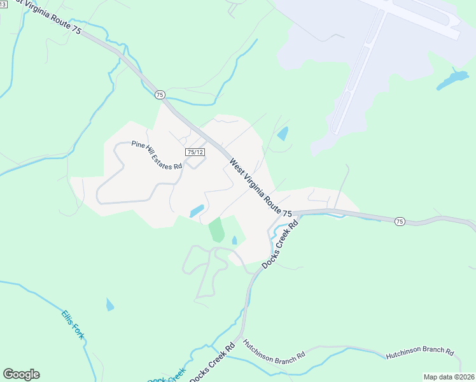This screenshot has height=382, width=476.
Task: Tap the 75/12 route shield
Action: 195,152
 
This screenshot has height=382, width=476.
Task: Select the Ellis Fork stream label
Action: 73,325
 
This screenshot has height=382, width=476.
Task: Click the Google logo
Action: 21,374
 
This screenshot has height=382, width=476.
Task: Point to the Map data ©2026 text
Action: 449,377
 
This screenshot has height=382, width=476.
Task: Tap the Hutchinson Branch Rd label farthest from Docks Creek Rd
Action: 419,351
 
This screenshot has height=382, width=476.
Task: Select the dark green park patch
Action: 217,230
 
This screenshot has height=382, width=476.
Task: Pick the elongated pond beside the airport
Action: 452,80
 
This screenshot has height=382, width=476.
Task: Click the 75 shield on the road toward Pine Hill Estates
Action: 159,95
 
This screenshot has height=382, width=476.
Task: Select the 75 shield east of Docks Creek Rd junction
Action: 399,221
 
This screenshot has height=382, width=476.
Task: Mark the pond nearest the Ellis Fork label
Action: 110,305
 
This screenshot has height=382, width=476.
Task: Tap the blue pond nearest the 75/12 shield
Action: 197,210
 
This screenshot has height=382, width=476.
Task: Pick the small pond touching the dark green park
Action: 235,240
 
